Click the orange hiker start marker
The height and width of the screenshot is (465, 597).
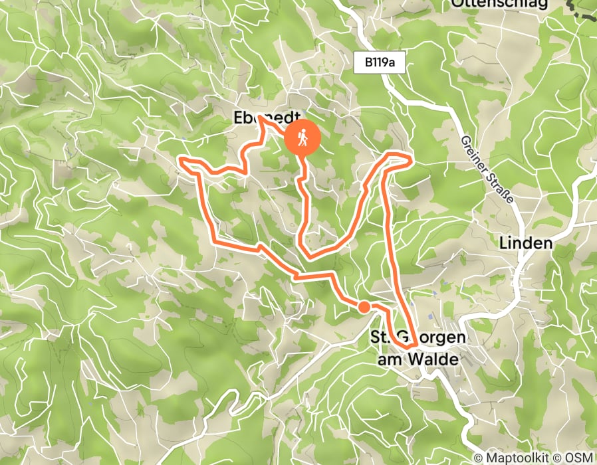(x=303, y=139)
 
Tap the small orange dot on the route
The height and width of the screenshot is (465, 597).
(x=364, y=306)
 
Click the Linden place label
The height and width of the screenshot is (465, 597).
(x=525, y=243)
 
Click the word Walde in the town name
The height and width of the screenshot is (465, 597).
(x=436, y=359)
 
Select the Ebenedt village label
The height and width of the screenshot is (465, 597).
(x=262, y=118)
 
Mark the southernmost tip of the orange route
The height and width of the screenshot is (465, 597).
(x=407, y=345)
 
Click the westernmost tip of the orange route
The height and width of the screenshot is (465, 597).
(x=181, y=159)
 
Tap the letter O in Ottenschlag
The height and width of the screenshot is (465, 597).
(x=457, y=4)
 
